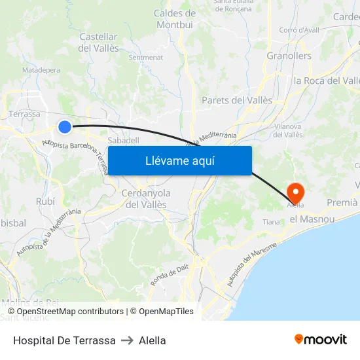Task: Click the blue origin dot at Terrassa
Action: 64,127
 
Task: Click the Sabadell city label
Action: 123,140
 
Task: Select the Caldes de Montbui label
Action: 175,19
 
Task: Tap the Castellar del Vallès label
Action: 98,43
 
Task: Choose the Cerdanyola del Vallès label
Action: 146,199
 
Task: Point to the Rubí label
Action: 46,201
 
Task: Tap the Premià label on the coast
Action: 342,202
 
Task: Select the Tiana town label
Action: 271,223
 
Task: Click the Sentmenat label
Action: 145,58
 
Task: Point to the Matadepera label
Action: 41,69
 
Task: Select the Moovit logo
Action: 321,340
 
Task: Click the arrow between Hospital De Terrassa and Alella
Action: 127,340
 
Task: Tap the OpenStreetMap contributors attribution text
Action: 70,312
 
